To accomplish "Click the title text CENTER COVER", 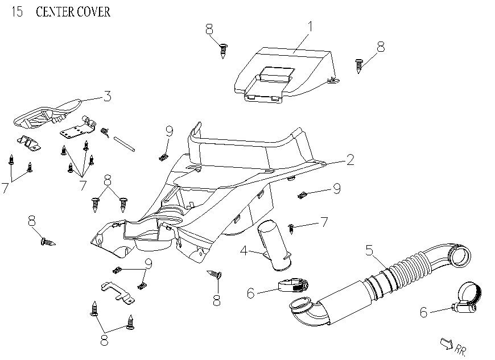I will pyautogui.click(x=73, y=12).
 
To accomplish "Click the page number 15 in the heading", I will pyautogui.click(x=17, y=12).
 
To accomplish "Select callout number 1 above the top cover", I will pyautogui.click(x=311, y=26).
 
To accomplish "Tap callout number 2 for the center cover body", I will pyautogui.click(x=350, y=160).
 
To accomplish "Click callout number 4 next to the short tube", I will pyautogui.click(x=242, y=250).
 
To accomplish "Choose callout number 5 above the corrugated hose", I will pyautogui.click(x=369, y=249).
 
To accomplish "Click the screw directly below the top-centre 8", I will pyautogui.click(x=224, y=51).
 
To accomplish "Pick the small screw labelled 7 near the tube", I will pyautogui.click(x=291, y=228).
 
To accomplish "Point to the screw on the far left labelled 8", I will pyautogui.click(x=48, y=242).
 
